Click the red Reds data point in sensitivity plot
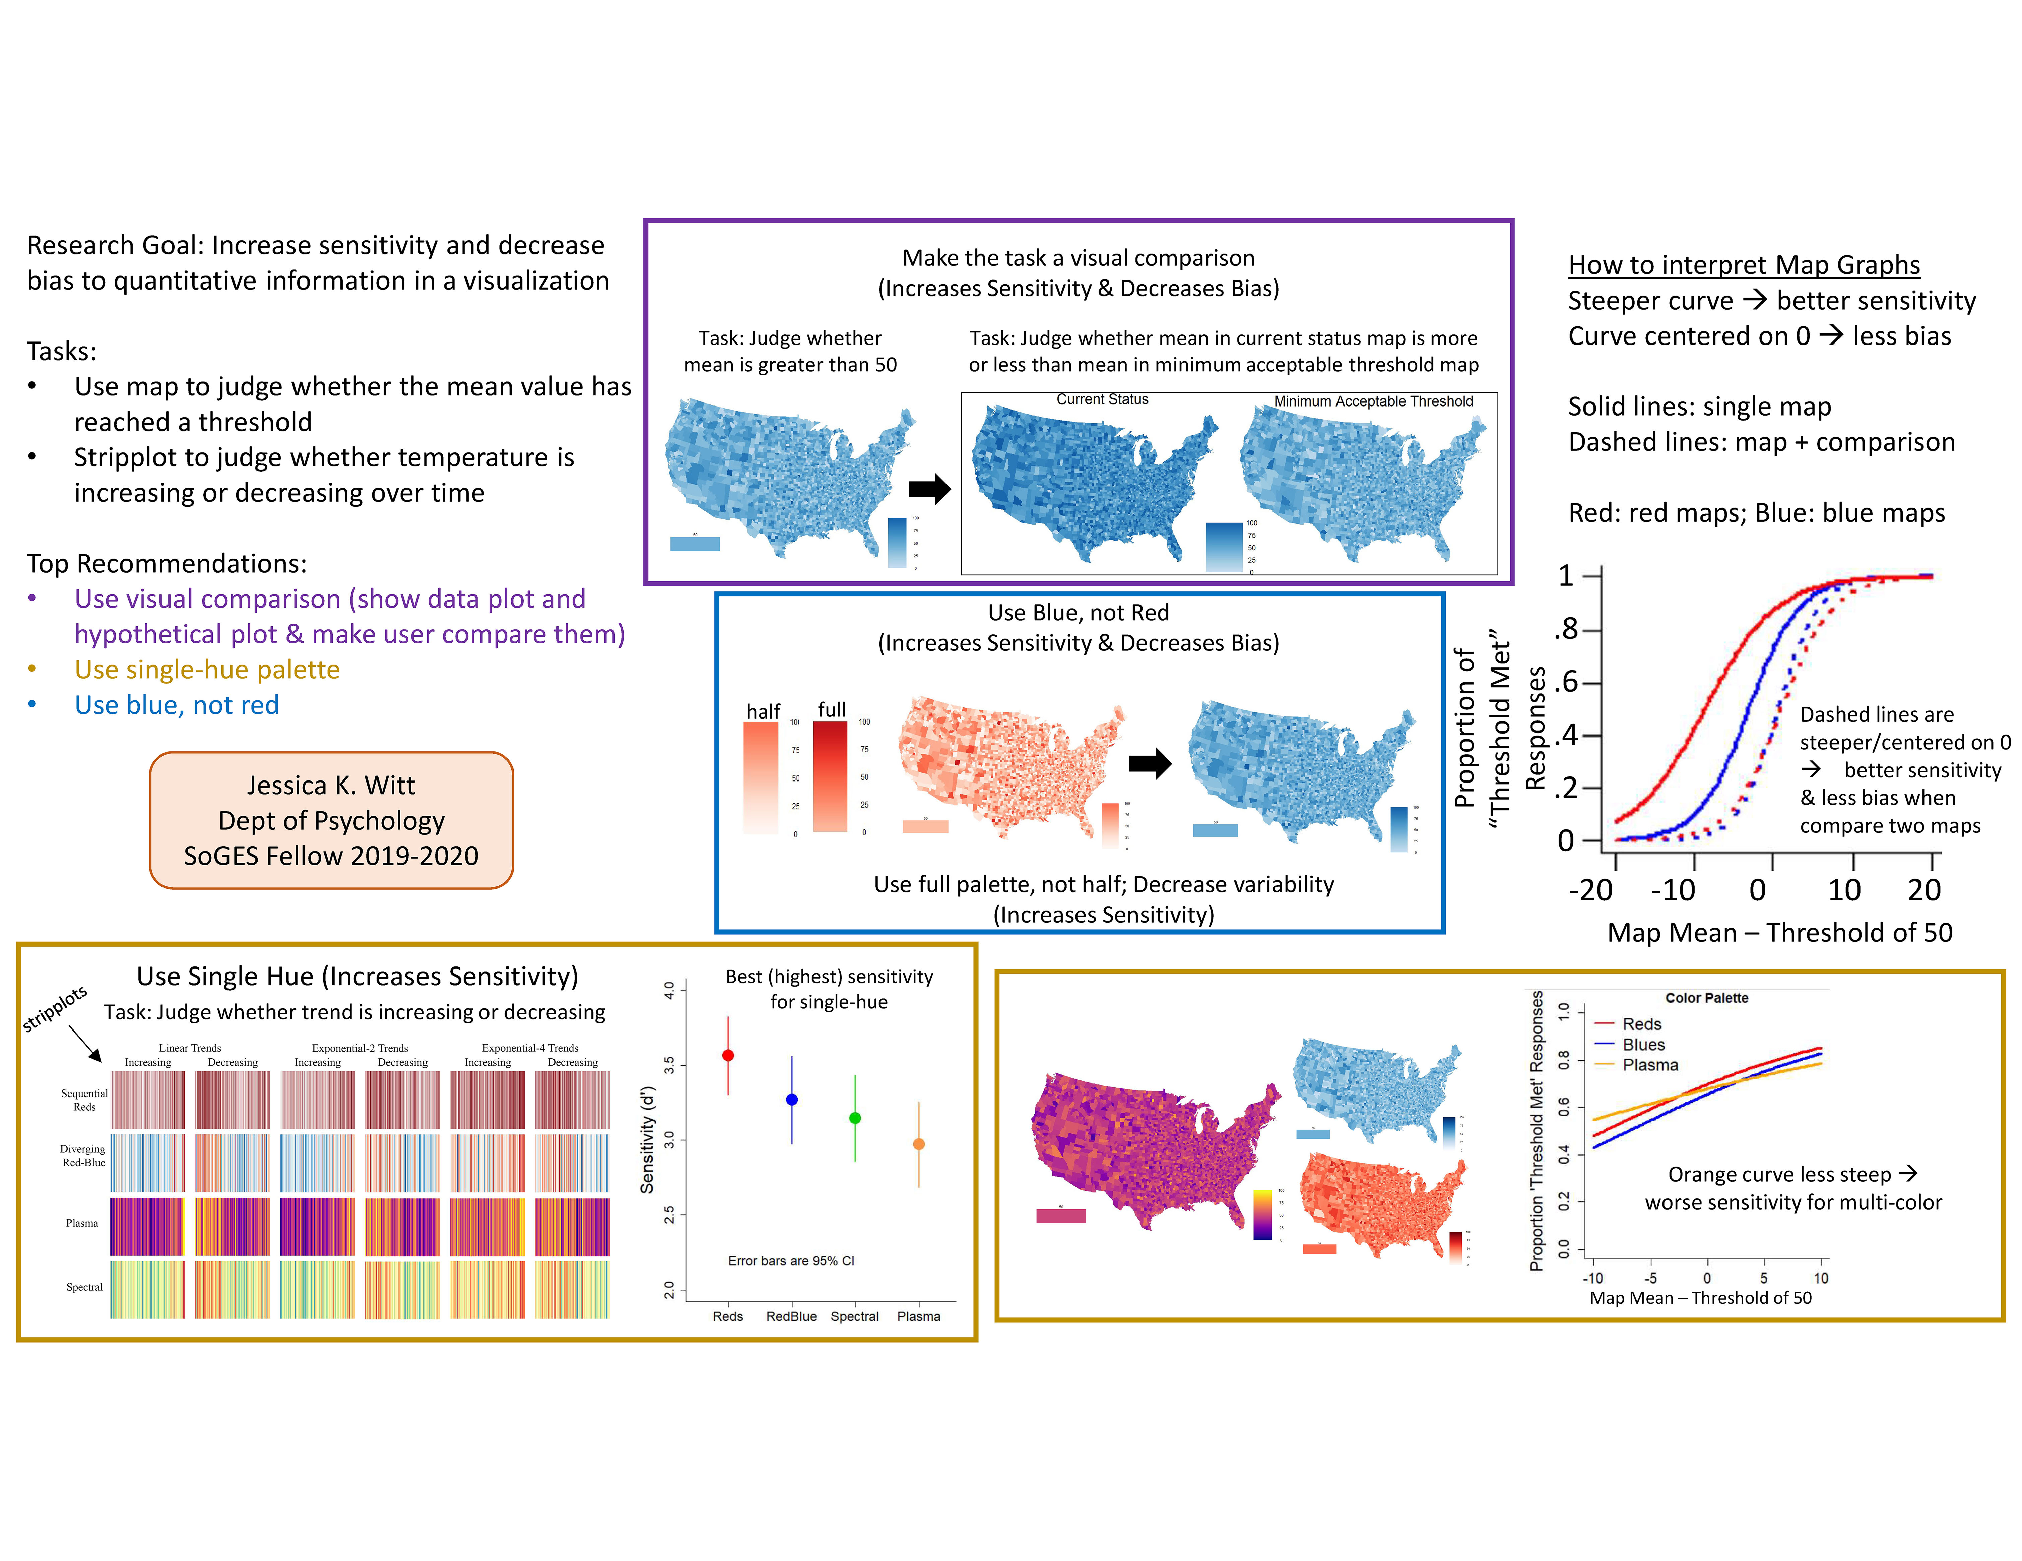click(x=728, y=1056)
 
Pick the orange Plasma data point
click(x=918, y=1144)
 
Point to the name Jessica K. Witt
click(x=330, y=785)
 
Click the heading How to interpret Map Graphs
click(x=1743, y=265)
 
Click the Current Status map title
click(x=1102, y=399)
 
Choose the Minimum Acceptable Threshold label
click(x=1373, y=401)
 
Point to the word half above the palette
click(x=763, y=711)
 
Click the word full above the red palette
click(x=831, y=709)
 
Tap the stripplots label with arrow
click(x=56, y=1008)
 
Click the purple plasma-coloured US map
click(x=1148, y=1148)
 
